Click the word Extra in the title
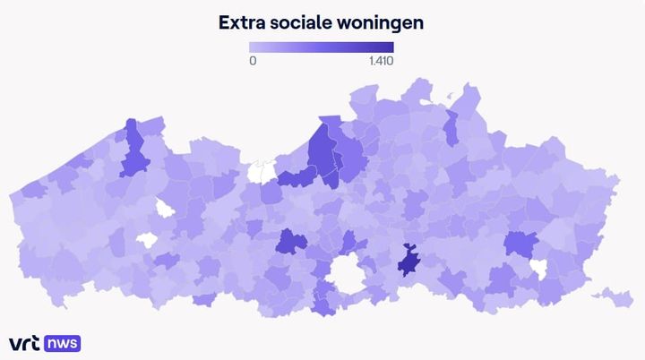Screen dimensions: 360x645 [242, 22]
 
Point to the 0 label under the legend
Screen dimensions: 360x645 [253, 61]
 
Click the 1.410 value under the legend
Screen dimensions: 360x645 [380, 61]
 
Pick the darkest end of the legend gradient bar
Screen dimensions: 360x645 [390, 47]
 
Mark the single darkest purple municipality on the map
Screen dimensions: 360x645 [409, 262]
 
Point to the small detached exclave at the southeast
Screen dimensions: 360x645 [614, 296]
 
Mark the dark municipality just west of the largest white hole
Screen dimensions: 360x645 [289, 242]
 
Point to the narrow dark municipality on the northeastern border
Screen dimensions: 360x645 [451, 128]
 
